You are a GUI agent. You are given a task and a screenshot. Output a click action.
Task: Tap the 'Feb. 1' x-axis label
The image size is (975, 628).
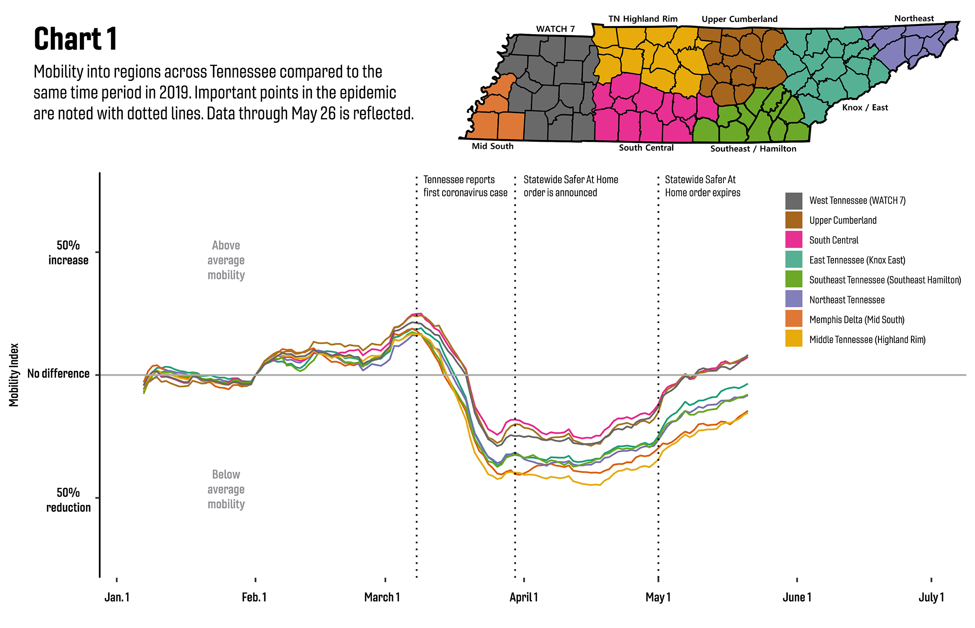point(254,597)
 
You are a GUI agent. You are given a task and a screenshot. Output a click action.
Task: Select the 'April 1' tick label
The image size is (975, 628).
point(523,597)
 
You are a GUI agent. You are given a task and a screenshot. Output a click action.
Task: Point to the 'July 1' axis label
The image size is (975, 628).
point(931,597)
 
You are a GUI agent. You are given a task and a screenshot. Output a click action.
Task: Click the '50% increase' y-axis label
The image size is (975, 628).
point(68,253)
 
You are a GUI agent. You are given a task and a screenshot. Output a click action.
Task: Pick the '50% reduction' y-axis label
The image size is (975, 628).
point(68,500)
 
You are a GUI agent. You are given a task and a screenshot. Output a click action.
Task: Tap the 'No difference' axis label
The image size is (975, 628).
point(59,374)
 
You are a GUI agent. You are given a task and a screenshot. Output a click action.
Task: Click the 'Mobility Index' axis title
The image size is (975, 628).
point(14,375)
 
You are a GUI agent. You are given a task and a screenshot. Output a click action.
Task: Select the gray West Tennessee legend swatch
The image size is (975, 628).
point(793,201)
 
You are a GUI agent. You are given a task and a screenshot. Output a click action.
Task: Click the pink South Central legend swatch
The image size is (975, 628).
point(793,240)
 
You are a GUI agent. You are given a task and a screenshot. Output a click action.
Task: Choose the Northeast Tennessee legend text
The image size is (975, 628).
point(847,300)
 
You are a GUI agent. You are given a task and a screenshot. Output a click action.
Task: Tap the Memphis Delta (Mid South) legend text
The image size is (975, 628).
point(857,320)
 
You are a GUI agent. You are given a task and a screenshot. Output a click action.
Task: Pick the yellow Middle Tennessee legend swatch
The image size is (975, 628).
point(793,339)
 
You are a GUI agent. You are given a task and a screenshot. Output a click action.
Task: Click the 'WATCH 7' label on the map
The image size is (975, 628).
point(555,29)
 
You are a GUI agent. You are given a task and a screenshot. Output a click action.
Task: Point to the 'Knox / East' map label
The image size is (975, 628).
point(865,108)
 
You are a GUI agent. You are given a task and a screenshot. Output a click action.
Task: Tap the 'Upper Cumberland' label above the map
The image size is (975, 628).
point(739,19)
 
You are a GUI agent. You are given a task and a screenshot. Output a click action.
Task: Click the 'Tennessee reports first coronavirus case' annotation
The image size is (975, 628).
point(465,186)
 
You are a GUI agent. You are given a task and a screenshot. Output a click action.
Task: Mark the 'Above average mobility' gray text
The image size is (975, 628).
point(226,260)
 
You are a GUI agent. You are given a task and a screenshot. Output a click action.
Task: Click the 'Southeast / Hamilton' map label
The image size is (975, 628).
point(753,149)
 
